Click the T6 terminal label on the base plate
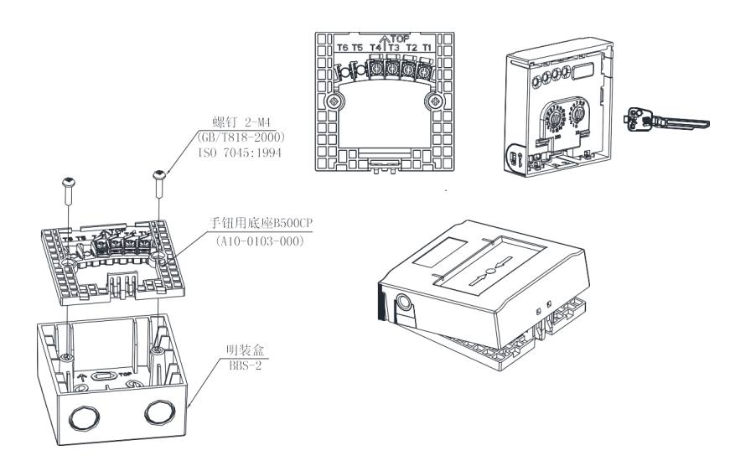(342, 48)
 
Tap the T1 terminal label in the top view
(427, 48)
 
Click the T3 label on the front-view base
(393, 48)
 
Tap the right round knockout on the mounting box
(158, 412)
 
